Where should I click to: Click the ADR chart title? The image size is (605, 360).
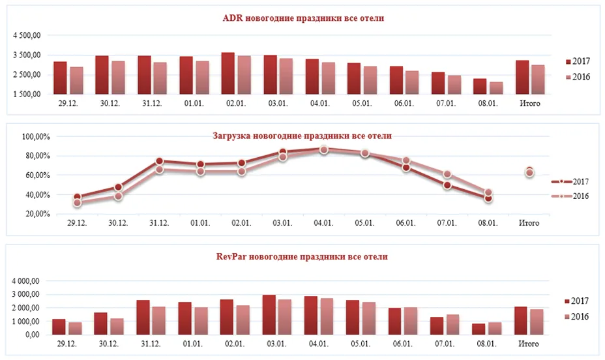(303, 18)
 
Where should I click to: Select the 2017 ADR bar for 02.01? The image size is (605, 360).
(228, 73)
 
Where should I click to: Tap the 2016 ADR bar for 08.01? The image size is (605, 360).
(496, 88)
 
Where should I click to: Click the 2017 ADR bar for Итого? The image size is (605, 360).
(522, 77)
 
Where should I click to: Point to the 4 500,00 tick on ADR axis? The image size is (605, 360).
(27, 35)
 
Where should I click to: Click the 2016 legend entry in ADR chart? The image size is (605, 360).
(578, 77)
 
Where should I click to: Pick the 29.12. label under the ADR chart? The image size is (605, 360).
(68, 104)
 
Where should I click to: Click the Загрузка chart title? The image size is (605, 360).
(302, 136)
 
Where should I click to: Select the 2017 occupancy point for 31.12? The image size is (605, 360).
(159, 161)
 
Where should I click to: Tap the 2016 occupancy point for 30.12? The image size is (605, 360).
(118, 196)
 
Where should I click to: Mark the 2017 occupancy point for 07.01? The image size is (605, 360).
(447, 185)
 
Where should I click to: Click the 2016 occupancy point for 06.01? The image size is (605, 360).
(406, 160)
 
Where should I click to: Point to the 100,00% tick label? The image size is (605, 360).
(36, 136)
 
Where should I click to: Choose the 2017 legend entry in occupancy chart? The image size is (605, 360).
(570, 181)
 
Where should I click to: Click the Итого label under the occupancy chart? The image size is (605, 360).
(529, 223)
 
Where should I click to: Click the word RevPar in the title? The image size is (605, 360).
(231, 256)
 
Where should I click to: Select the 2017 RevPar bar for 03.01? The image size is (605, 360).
(269, 315)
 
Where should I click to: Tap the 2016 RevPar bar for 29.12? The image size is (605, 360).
(75, 329)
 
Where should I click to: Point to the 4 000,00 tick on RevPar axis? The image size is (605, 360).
(25, 281)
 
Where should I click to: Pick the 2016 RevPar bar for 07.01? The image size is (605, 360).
(452, 325)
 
